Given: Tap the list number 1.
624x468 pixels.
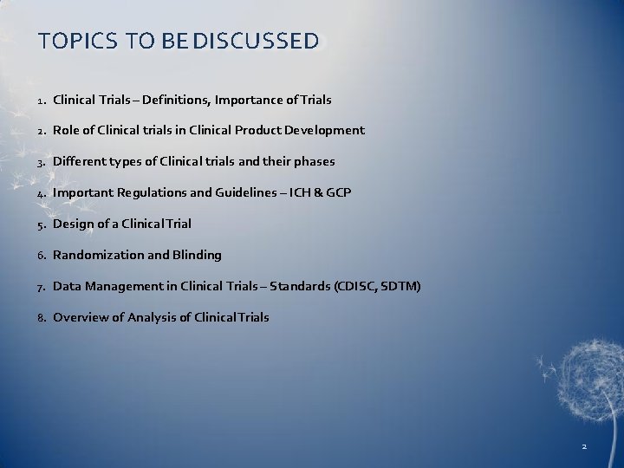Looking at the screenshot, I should pos(41,101).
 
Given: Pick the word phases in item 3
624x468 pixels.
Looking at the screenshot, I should pos(315,162).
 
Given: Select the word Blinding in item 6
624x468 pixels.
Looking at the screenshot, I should pos(198,256).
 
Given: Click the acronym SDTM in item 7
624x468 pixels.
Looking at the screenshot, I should pos(398,287).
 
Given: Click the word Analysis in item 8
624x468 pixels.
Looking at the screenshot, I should pos(153,318).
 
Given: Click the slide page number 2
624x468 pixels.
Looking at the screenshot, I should pos(584,446).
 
